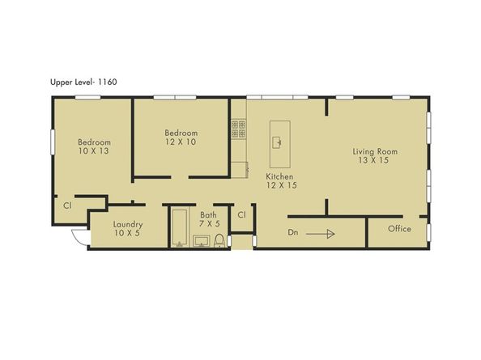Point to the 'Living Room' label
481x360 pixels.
click(375, 151)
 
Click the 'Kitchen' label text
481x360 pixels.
click(280, 176)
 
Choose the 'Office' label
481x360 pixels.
click(399, 229)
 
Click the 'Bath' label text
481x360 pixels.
click(209, 215)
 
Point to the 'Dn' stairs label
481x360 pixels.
click(294, 233)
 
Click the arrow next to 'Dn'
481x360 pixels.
click(321, 234)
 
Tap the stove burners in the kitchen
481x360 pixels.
click(238, 126)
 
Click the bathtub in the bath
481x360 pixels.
click(179, 228)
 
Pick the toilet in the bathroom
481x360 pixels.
click(219, 239)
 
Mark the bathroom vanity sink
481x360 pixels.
click(201, 240)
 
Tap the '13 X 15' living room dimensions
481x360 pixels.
click(375, 160)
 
